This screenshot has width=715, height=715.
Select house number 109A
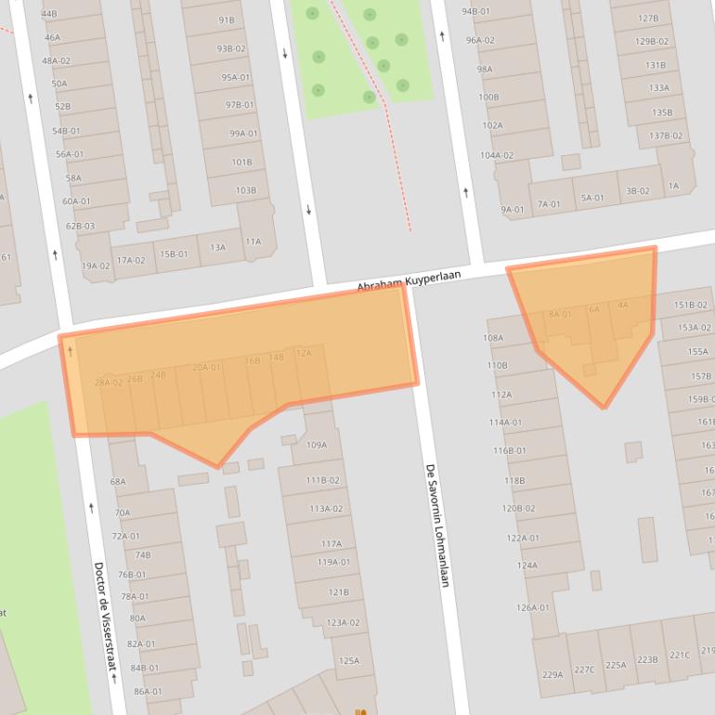(x=317, y=445)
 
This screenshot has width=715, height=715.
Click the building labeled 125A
(x=349, y=661)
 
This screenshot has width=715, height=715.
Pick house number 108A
(x=492, y=338)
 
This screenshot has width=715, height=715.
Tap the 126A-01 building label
(x=533, y=608)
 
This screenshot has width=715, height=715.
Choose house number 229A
(x=552, y=674)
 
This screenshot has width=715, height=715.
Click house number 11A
(x=253, y=241)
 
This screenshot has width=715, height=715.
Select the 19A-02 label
(x=96, y=266)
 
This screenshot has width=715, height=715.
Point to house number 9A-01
(x=513, y=210)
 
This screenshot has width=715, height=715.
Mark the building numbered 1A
(x=673, y=186)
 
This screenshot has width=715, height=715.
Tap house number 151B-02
(x=690, y=305)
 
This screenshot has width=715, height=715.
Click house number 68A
(x=118, y=481)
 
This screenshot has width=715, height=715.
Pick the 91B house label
(x=227, y=20)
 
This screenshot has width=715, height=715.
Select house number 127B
(x=648, y=18)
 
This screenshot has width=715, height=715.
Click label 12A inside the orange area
(x=304, y=353)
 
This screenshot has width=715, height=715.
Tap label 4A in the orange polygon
(x=622, y=305)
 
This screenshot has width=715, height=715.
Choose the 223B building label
(x=647, y=659)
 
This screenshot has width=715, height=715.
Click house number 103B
(x=245, y=190)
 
